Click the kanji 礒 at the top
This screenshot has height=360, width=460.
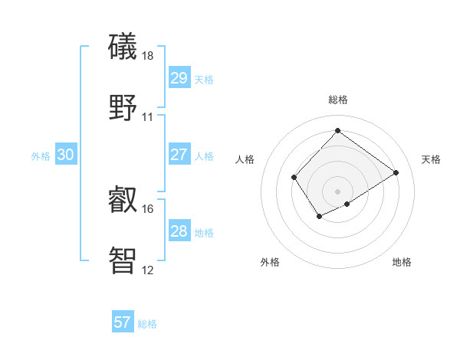click(123, 46)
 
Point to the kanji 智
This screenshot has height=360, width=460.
click(123, 260)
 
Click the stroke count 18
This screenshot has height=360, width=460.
click(148, 56)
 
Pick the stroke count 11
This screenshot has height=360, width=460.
click(148, 117)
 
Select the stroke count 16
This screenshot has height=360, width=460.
click(148, 208)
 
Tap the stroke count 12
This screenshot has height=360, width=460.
click(148, 270)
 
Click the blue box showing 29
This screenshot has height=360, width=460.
click(179, 77)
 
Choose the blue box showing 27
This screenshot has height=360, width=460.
click(179, 155)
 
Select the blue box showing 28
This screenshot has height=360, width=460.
click(179, 231)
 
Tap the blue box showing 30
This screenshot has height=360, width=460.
click(65, 155)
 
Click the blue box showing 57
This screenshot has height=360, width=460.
click(123, 322)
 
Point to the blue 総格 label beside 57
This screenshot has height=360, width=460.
click(147, 324)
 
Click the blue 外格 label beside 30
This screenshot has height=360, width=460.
click(41, 156)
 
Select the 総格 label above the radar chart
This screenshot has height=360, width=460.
click(338, 100)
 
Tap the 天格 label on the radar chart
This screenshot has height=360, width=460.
click(431, 159)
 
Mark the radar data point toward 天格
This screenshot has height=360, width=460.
click(396, 172)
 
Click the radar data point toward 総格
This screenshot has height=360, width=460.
click(337, 130)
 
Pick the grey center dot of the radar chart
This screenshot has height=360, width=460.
click(337, 191)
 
